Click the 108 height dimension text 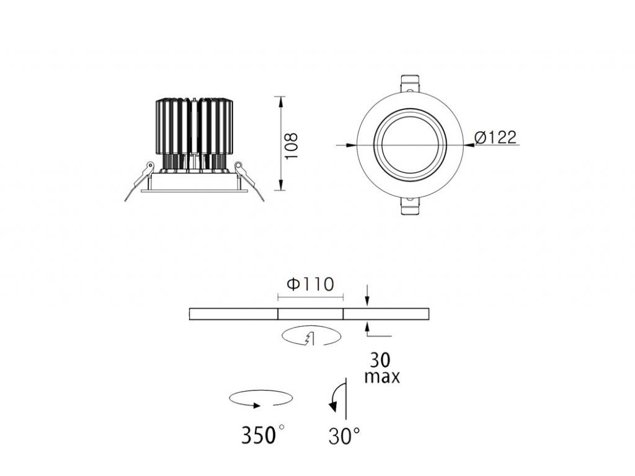coord(292,145)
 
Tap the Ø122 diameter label coord(494,137)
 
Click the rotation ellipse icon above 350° coord(261,399)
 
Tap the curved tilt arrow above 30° coord(337,397)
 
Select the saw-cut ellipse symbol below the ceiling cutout coord(311,337)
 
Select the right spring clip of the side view coord(249,180)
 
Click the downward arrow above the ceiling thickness coord(368,301)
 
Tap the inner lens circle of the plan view coord(410,144)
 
